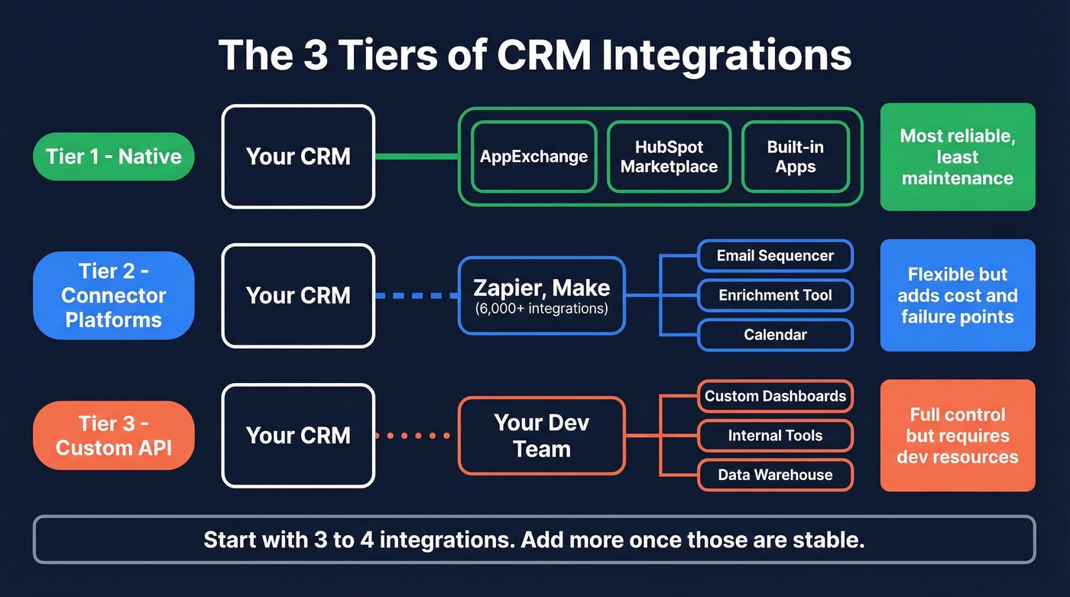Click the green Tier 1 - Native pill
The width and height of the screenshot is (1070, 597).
pyautogui.click(x=113, y=157)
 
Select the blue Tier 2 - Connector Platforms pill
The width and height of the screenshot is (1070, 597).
pyautogui.click(x=113, y=295)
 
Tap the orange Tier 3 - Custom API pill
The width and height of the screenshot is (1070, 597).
pyautogui.click(x=113, y=436)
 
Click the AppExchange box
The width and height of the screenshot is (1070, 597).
pyautogui.click(x=533, y=157)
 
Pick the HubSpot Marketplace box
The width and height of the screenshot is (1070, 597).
pyautogui.click(x=669, y=157)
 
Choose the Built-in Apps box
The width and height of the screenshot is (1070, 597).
pyautogui.click(x=795, y=157)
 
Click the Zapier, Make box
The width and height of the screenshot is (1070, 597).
pyautogui.click(x=541, y=295)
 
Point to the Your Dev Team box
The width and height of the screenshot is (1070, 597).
pyautogui.click(x=541, y=436)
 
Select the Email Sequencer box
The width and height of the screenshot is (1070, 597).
pyautogui.click(x=775, y=256)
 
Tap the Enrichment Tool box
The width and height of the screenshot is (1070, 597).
pyautogui.click(x=775, y=295)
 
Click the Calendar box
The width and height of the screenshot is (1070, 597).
pyautogui.click(x=775, y=335)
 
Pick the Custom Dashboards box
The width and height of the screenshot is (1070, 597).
pyautogui.click(x=775, y=396)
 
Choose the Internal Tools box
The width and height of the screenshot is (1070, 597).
pyautogui.click(x=775, y=436)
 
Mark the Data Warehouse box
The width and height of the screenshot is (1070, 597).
pyautogui.click(x=775, y=475)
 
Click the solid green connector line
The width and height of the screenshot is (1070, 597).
pyautogui.click(x=416, y=157)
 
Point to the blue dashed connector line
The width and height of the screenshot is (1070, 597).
pyautogui.click(x=416, y=295)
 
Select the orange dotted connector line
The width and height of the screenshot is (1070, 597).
pyautogui.click(x=416, y=436)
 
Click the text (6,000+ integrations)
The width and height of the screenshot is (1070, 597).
pyautogui.click(x=541, y=310)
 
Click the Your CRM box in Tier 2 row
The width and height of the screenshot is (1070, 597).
pyautogui.click(x=298, y=295)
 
